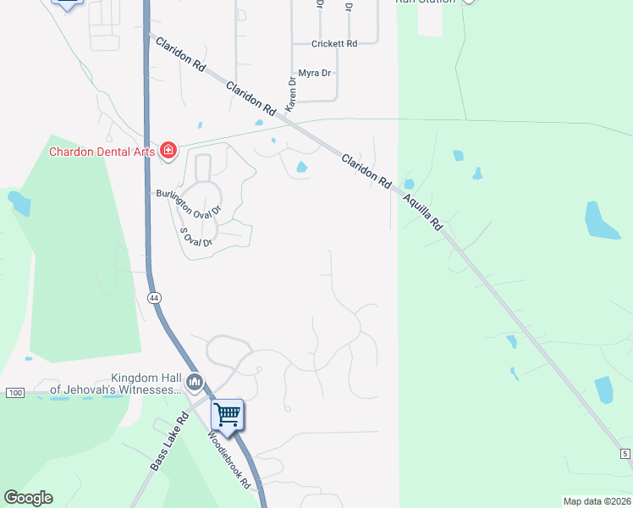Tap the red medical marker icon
click(x=168, y=151)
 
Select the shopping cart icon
click(x=227, y=415)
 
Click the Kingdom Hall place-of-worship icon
click(x=195, y=384)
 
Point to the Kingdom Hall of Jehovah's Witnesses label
click(x=116, y=384)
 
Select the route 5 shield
click(x=625, y=455)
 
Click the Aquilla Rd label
click(x=422, y=212)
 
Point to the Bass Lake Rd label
click(x=169, y=441)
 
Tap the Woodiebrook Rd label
click(x=230, y=459)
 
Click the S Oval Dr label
click(x=195, y=235)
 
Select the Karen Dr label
click(x=291, y=96)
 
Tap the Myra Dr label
click(x=314, y=74)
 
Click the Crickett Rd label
click(x=334, y=43)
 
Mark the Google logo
click(x=29, y=498)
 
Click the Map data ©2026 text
click(x=597, y=501)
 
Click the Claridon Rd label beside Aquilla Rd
click(x=366, y=170)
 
